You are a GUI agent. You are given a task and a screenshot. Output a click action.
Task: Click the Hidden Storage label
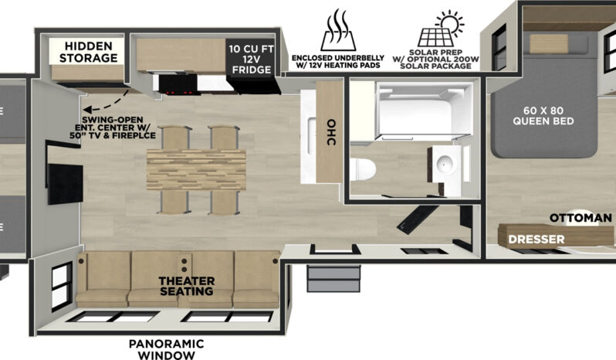tap(89, 52)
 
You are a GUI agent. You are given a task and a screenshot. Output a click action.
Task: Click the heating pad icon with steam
tap(338, 30)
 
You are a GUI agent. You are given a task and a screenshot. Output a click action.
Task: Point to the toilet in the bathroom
tap(363, 169)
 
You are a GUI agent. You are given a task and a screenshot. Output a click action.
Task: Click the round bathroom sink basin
tap(445, 162)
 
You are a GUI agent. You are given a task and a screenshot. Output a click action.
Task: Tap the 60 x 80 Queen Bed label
tap(543, 116)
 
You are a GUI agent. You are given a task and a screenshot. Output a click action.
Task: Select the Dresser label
tap(536, 239)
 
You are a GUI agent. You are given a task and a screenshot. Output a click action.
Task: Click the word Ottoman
tap(580, 218)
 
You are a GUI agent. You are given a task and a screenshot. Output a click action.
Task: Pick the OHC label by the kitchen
tap(331, 132)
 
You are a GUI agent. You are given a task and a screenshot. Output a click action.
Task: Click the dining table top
tap(196, 169)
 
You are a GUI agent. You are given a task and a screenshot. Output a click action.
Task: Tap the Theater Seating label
tap(187, 286)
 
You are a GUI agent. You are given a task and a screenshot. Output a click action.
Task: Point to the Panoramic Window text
tap(166, 349)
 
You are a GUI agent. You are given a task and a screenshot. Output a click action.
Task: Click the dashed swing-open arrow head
tap(86, 109)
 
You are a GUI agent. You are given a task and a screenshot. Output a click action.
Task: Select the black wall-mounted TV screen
tap(65, 185)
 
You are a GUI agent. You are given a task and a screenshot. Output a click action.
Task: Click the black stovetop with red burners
tap(178, 84)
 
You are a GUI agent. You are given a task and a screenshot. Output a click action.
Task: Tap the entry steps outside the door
tap(333, 279)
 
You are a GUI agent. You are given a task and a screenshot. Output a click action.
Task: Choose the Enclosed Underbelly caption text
tap(338, 62)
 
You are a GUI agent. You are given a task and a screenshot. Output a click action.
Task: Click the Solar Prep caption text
tap(435, 59)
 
